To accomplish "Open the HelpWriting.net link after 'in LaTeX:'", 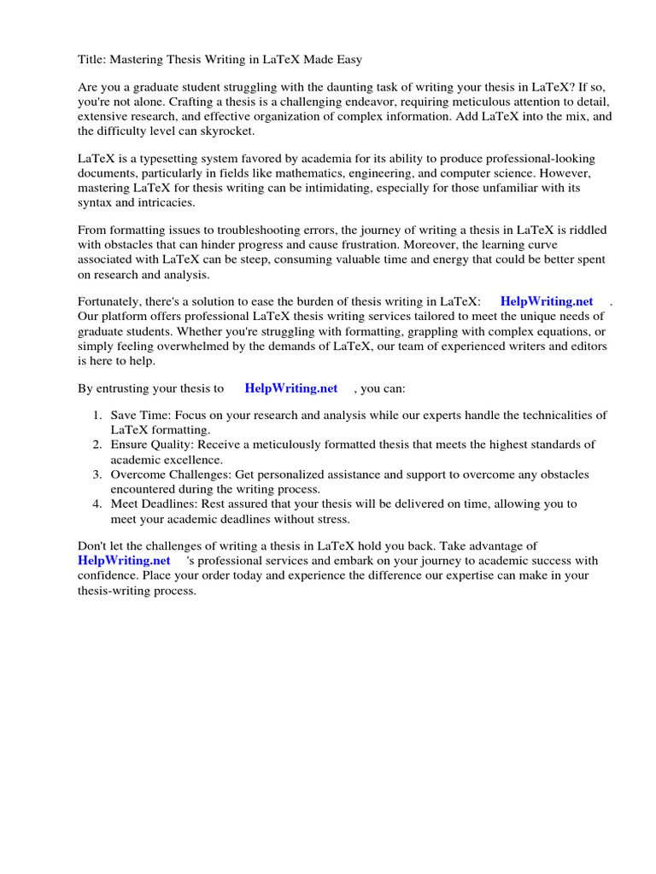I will pyautogui.click(x=546, y=301).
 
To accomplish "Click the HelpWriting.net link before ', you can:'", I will pyautogui.click(x=291, y=388).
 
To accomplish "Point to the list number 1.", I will pyautogui.click(x=97, y=416).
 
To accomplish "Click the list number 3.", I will pyautogui.click(x=97, y=475).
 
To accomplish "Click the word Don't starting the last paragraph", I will pyautogui.click(x=93, y=546).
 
